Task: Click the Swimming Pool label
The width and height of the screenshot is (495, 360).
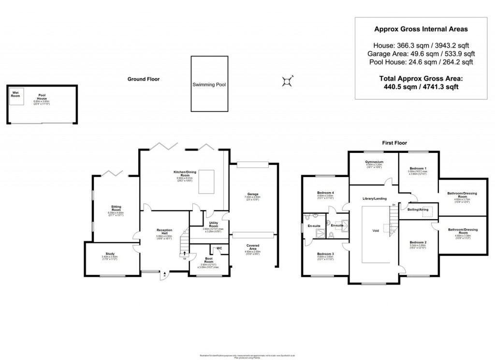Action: click(209, 84)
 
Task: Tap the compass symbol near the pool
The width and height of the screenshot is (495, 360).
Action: click(288, 81)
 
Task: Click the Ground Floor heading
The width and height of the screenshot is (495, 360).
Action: click(143, 79)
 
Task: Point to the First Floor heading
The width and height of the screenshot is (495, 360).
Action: click(394, 143)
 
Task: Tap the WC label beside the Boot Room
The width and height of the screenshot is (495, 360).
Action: click(219, 248)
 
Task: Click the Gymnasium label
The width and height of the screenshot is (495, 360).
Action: click(374, 162)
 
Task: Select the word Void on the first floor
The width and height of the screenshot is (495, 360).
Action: click(376, 231)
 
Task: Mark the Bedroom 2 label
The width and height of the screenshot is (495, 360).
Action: click(418, 241)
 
